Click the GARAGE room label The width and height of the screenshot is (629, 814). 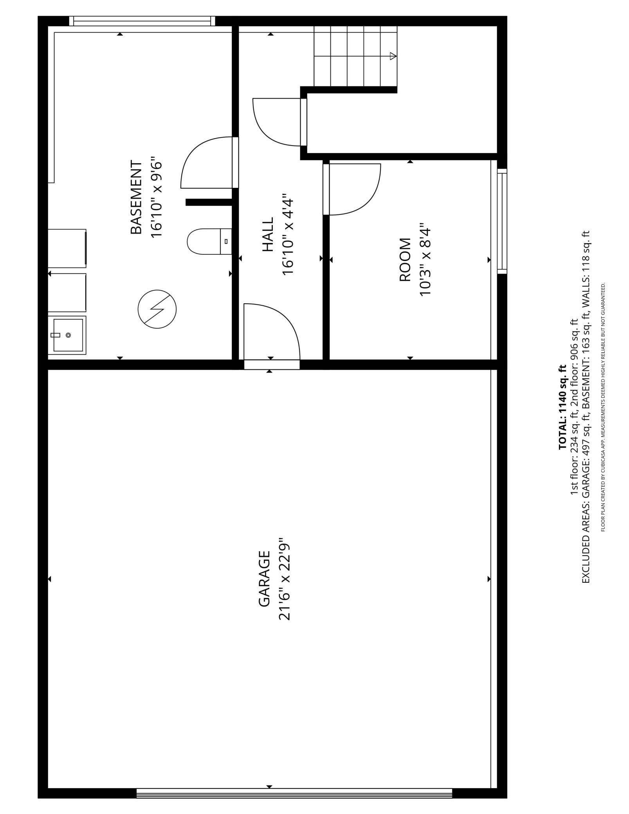click(x=264, y=579)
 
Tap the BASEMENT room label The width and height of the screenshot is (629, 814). click(x=136, y=197)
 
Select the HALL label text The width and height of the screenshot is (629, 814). click(x=268, y=235)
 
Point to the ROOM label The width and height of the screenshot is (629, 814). click(x=405, y=260)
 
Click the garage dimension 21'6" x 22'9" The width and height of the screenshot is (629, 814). click(x=285, y=579)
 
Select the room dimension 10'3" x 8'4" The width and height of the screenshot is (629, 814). click(x=425, y=260)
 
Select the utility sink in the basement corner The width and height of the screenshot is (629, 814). click(x=67, y=335)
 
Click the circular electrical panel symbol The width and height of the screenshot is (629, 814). click(x=157, y=309)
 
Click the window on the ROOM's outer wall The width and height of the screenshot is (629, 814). click(x=502, y=221)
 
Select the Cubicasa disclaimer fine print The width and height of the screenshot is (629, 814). click(x=603, y=407)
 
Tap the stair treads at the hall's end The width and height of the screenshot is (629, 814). click(x=355, y=56)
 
